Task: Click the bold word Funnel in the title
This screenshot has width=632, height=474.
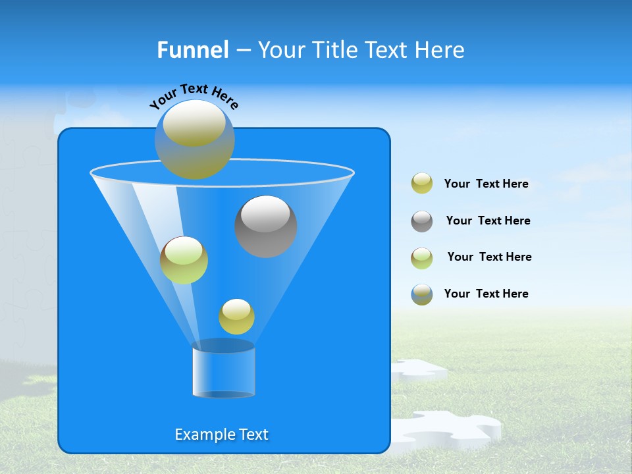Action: coord(192,50)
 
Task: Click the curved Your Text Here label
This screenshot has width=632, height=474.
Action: coord(194,96)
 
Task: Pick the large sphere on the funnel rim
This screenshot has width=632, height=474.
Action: coord(194,139)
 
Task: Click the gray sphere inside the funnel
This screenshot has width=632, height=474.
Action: coord(266,226)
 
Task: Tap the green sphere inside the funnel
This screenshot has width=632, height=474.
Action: coord(184,260)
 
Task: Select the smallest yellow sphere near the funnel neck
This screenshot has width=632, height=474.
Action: coord(236,317)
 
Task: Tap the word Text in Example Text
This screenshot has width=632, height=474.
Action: coord(253,434)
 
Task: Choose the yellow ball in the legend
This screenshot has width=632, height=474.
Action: coord(422,184)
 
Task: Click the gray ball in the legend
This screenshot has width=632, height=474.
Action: coord(422,221)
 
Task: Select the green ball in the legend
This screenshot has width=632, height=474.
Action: coord(422,257)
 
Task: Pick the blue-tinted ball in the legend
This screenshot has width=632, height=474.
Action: coord(422,294)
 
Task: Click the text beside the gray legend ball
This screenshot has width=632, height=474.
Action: coord(488,221)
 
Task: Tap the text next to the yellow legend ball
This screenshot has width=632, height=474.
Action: coord(486,184)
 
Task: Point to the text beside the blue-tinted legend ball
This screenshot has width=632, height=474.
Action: coord(486,294)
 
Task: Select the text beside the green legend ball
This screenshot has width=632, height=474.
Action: coord(489,257)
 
